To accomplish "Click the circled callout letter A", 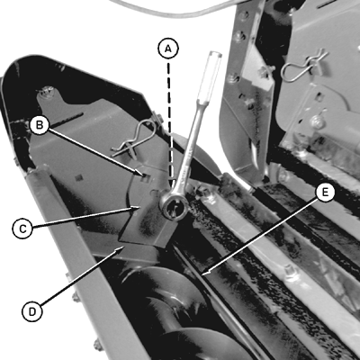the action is [168, 49].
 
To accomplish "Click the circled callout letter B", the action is [39, 125].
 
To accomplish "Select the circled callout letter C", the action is [22, 229].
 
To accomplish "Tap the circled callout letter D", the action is [32, 312].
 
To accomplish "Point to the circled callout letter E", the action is [324, 193].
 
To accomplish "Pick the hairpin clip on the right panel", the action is [303, 67].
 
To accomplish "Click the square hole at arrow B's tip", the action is [146, 178].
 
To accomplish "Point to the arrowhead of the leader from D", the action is [121, 247].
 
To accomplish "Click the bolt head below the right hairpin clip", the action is [317, 122].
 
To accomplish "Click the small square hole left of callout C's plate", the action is [79, 177].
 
